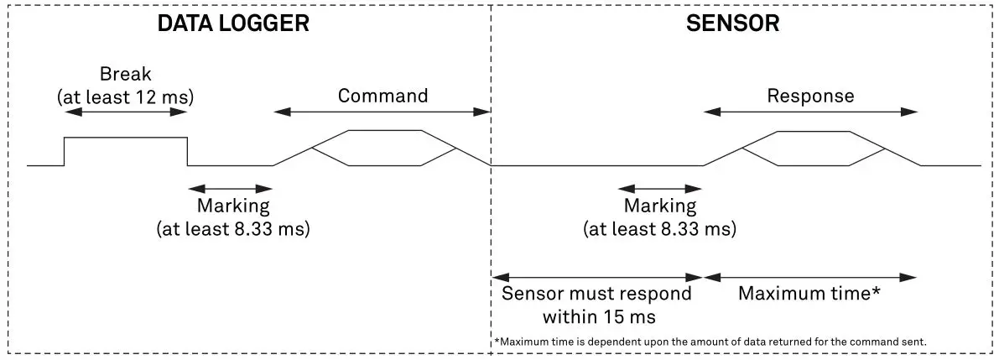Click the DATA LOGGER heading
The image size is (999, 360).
coord(233,23)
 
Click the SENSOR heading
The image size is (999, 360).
coord(732,23)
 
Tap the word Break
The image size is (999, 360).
coord(126,73)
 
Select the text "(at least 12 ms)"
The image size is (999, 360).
coord(126,97)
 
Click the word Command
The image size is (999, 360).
coord(382,96)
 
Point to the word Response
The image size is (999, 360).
coord(810,96)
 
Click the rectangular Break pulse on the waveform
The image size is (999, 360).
coord(126,151)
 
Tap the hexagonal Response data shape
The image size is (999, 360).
coord(813,149)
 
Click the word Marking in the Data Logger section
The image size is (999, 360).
coord(233,206)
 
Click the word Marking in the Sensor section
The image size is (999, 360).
coord(659,206)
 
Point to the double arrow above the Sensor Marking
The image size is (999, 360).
coord(659,188)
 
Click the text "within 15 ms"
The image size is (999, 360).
coord(596,317)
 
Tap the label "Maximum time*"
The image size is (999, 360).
coord(809,294)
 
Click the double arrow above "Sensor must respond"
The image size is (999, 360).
coord(596,276)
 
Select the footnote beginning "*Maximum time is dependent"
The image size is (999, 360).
coord(710,342)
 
